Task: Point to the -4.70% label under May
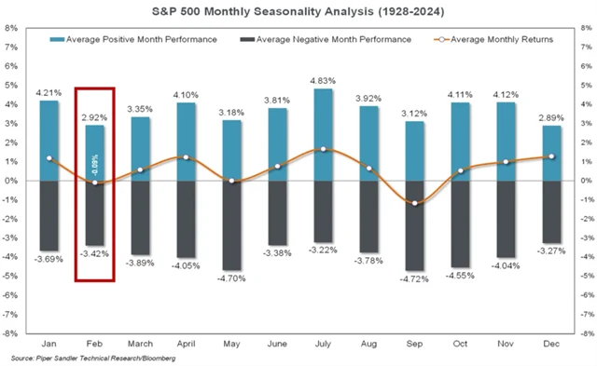coord(232,278)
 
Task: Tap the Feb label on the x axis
coord(95,343)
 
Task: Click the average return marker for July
coord(323,149)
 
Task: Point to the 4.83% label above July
coord(323,81)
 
